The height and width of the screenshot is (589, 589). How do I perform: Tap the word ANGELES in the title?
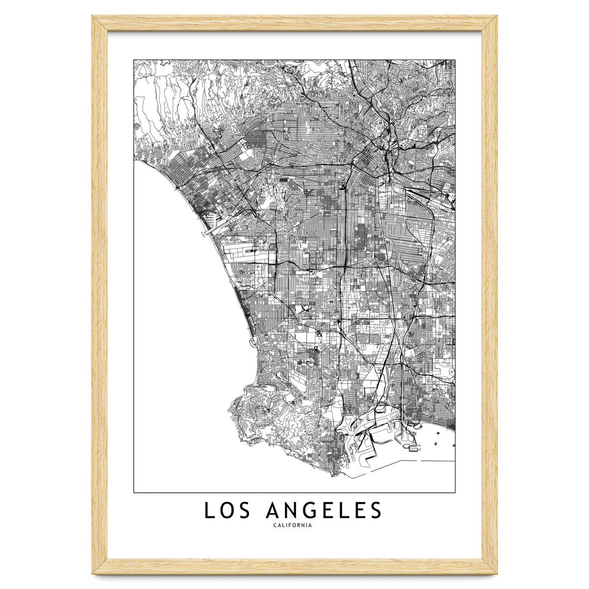(323, 510)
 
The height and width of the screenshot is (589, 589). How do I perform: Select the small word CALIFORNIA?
(293, 526)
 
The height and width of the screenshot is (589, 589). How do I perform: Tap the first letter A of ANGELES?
(273, 510)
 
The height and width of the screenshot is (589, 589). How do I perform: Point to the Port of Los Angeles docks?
(363, 442)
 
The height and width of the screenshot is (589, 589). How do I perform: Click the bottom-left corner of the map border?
(134, 492)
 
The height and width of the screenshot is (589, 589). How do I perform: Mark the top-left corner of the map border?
(134, 60)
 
